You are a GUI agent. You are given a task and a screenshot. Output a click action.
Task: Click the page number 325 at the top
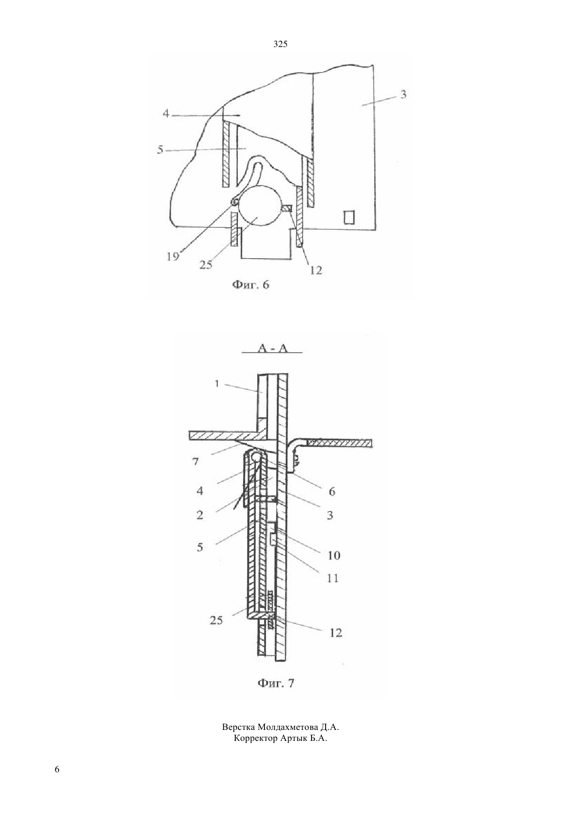(280, 44)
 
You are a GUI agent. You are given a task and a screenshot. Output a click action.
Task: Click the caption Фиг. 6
(250, 285)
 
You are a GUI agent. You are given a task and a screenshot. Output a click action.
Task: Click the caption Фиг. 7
(275, 683)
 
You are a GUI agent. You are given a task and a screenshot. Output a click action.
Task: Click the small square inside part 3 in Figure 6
(349, 217)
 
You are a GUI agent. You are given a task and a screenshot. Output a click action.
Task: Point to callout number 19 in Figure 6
(173, 257)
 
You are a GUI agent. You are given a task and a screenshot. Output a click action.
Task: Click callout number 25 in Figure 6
(205, 265)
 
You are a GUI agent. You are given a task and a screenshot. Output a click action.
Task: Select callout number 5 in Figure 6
(160, 149)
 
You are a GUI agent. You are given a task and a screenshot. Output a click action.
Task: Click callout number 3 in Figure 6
(404, 95)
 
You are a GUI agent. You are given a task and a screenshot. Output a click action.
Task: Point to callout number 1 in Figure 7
(217, 384)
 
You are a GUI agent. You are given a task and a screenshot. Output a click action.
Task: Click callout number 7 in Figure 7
(195, 462)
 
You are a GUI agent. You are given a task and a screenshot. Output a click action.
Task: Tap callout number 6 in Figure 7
(332, 492)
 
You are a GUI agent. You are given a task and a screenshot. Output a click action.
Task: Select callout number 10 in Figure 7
(333, 555)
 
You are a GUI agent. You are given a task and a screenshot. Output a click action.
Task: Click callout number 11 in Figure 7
(332, 578)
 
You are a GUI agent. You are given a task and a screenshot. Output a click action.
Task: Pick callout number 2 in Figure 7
(200, 515)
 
